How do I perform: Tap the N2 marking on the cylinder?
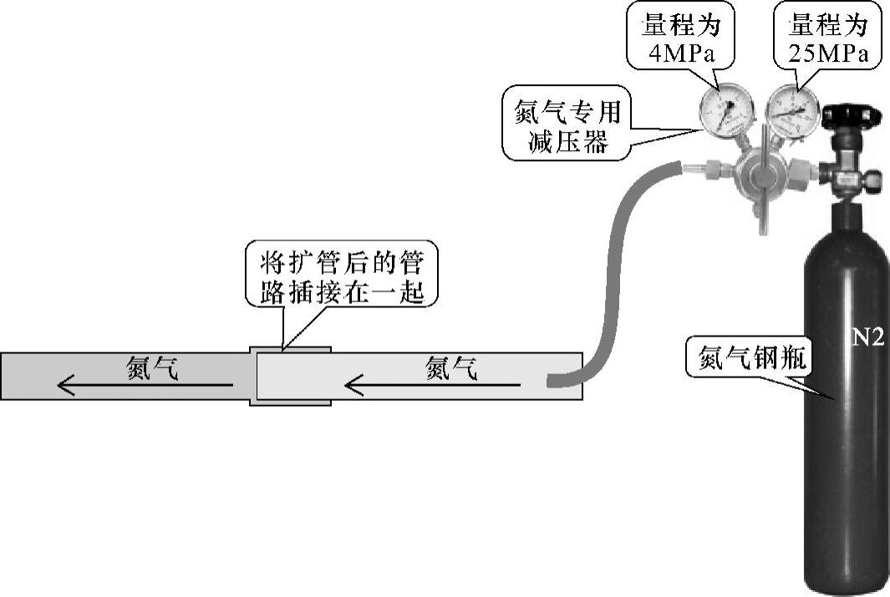pyautogui.click(x=861, y=338)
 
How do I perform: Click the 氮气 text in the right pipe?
pyautogui.click(x=451, y=367)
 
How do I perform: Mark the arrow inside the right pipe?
pyautogui.click(x=435, y=385)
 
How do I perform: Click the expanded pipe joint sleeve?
pyautogui.click(x=290, y=375)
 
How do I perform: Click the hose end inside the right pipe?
pyautogui.click(x=558, y=382)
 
